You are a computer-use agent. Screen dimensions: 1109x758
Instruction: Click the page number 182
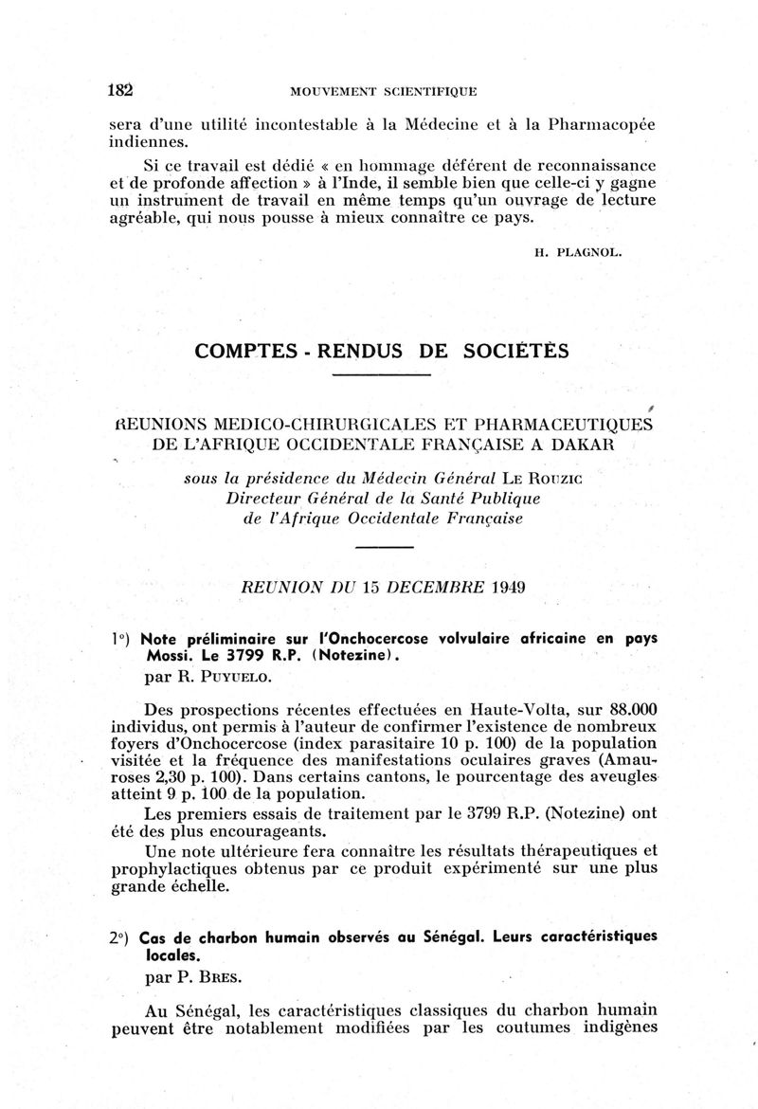tap(119, 91)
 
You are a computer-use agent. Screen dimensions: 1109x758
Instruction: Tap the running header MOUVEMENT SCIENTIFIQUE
tap(383, 92)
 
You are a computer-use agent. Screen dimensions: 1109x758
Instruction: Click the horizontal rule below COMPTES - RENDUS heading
tap(384, 376)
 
